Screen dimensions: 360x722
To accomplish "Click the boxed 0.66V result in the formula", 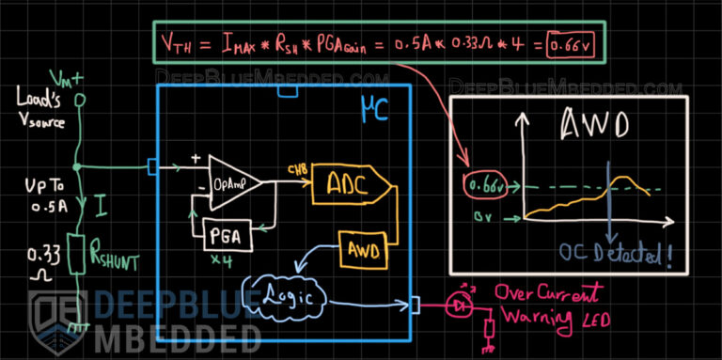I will (x=573, y=44).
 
